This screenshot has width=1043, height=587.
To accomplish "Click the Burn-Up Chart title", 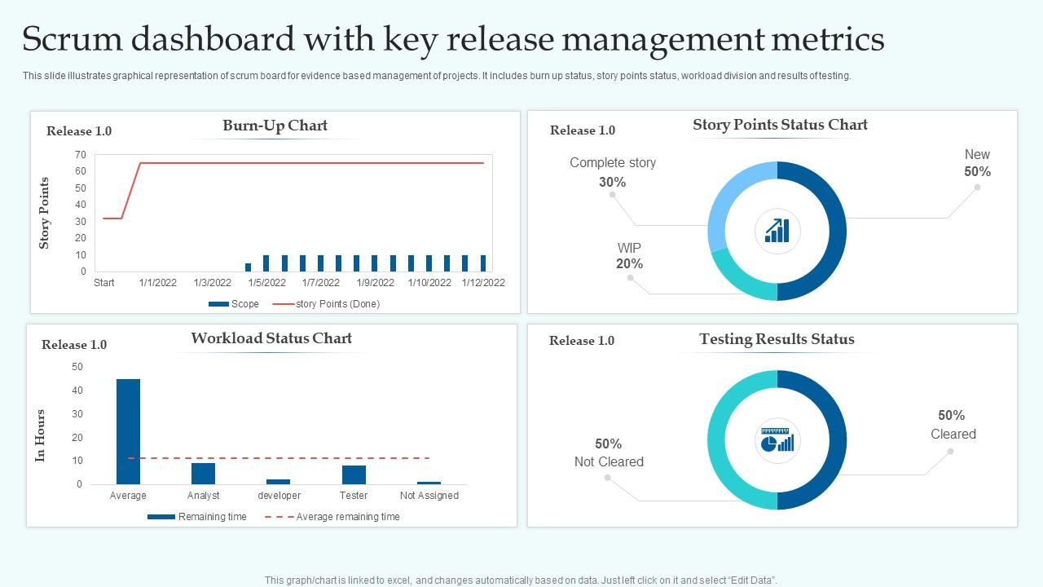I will click(x=275, y=126).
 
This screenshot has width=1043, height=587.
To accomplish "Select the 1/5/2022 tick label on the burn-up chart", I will click(x=266, y=283).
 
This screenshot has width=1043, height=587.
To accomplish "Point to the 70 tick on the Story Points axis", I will click(x=81, y=154).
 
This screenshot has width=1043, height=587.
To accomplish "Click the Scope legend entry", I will click(x=235, y=304).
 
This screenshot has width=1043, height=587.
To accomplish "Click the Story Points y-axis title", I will click(x=45, y=213).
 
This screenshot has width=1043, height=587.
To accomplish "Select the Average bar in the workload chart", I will click(x=128, y=431).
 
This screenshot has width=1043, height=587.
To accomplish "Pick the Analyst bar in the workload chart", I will click(x=203, y=473).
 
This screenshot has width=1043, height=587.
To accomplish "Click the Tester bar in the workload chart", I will click(x=354, y=474).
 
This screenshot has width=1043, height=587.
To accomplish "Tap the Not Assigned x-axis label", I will click(x=429, y=496).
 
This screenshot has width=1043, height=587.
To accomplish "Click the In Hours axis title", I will click(x=40, y=435).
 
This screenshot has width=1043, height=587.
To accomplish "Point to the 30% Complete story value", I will click(x=612, y=183).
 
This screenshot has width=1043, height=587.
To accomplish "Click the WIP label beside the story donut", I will click(x=629, y=248).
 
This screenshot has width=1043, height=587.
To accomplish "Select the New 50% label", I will click(x=977, y=163).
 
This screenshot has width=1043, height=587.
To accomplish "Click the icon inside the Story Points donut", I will click(x=777, y=231).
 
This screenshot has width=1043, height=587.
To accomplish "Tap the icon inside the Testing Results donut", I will click(x=777, y=440).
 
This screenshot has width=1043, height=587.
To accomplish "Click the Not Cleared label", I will click(x=609, y=461).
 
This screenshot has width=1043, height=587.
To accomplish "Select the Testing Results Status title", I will click(x=777, y=339).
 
